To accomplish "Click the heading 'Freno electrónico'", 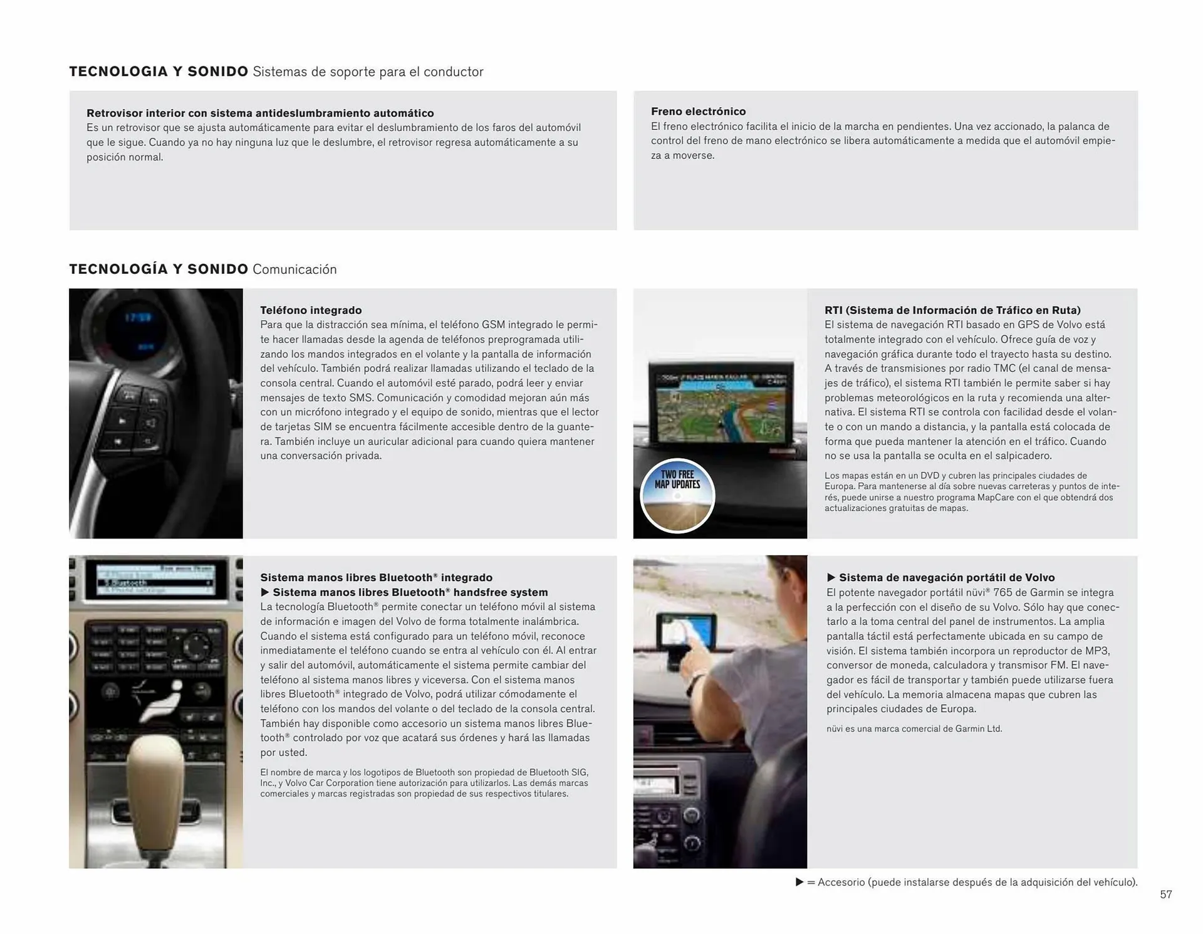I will coord(698,112).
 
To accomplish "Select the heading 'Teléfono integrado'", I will coord(311,310).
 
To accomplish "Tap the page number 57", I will coord(1165,895).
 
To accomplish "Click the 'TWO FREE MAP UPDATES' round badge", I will coord(677,496).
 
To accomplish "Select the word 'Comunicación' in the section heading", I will coord(294,270).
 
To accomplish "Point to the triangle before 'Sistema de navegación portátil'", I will coord(831,577).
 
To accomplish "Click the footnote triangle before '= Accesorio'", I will coord(799,882).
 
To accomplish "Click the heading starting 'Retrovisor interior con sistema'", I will coord(260,113).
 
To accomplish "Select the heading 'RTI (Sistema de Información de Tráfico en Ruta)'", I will coord(952,310).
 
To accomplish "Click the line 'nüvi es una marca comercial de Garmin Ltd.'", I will coord(914,729).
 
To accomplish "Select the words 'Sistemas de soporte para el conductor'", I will coord(368,72).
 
